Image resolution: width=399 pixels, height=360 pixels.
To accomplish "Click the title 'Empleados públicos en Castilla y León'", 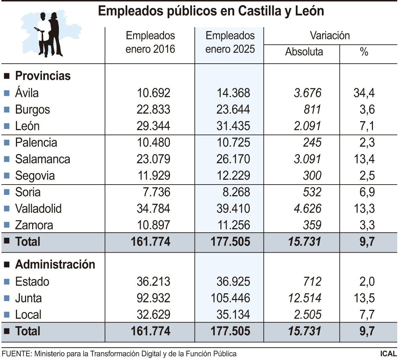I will click(211, 11).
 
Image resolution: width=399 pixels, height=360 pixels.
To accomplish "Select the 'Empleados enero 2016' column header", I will click(150, 42).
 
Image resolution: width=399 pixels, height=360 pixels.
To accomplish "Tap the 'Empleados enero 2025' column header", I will click(230, 42).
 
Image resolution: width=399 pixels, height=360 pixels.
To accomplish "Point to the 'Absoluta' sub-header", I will click(304, 52).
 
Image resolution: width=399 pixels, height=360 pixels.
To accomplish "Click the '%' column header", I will click(364, 52).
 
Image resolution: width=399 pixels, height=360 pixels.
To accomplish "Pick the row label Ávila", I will click(27, 93).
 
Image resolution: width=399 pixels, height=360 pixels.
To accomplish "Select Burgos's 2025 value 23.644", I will click(233, 109).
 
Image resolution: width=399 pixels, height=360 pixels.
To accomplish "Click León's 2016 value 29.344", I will click(153, 126).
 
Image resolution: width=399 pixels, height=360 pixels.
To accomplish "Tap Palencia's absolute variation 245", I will click(312, 143).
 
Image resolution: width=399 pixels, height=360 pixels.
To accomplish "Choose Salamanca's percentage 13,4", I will click(364, 159).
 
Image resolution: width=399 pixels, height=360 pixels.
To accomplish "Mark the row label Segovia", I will click(35, 176).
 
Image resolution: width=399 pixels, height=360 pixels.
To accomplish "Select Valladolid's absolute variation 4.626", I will click(307, 209).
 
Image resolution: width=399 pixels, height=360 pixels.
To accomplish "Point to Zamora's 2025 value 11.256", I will click(233, 225).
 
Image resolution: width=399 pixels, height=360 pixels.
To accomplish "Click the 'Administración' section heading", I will click(55, 264).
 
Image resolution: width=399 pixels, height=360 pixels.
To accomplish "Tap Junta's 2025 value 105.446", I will click(230, 298).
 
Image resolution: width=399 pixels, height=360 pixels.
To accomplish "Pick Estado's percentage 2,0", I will click(367, 281).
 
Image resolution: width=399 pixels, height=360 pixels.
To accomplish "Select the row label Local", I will click(28, 315).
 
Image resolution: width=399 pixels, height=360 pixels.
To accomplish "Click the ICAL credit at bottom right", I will click(388, 354).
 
